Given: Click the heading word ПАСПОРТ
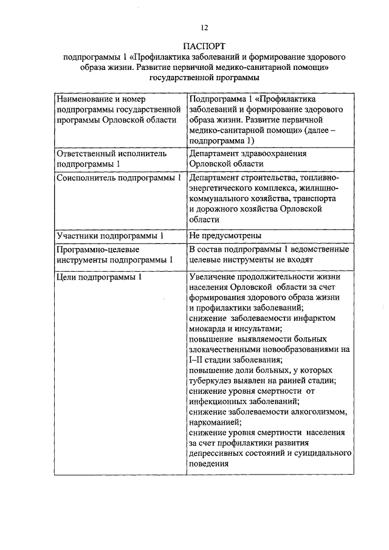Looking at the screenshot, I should coord(204,46).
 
